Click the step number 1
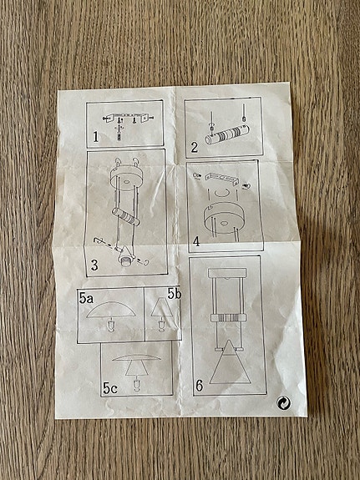tap(96, 137)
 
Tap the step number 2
tap(195, 148)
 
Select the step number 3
tap(94, 265)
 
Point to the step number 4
tap(196, 241)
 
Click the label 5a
tap(86, 298)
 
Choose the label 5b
tap(175, 294)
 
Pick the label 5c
tap(110, 388)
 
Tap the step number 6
tap(199, 386)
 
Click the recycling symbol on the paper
tap(284, 403)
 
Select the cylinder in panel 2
tap(227, 134)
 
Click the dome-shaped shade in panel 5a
tap(110, 310)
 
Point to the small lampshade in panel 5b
tap(161, 307)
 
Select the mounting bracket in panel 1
tap(128, 117)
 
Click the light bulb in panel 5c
tap(136, 385)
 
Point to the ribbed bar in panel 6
tap(229, 317)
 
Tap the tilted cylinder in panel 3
tap(126, 217)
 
